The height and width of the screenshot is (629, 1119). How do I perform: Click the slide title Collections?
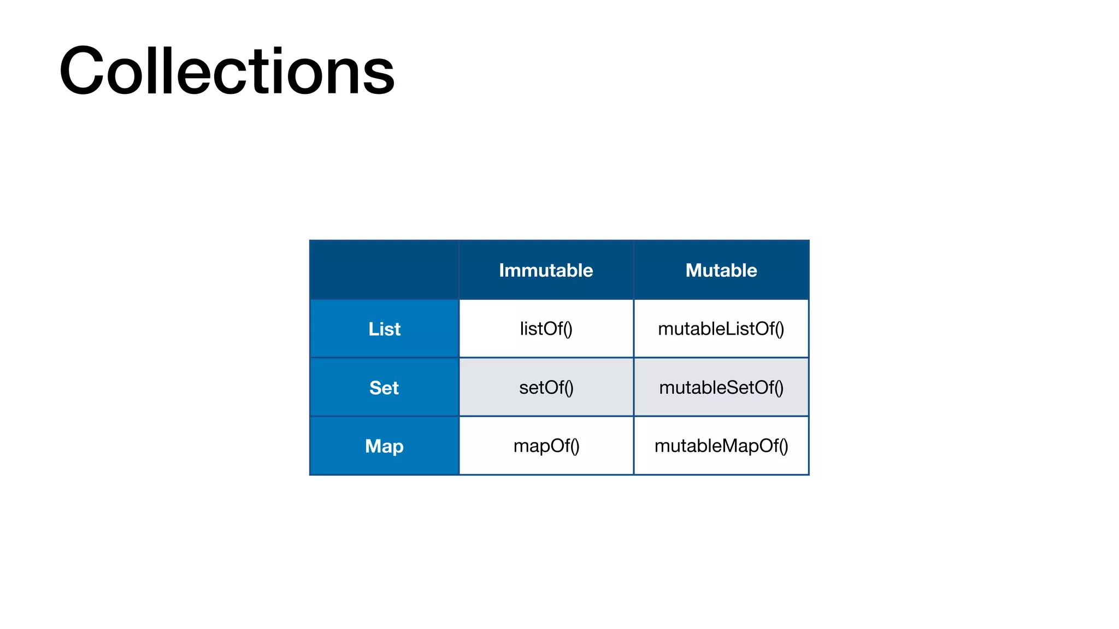[x=227, y=71]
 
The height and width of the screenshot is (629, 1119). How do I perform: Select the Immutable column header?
[x=546, y=270]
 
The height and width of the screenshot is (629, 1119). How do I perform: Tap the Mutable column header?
[x=721, y=270]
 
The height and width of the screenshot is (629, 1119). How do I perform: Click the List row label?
[x=384, y=329]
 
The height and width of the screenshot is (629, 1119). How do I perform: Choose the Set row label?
[x=384, y=388]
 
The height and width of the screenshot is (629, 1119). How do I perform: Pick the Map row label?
[x=384, y=446]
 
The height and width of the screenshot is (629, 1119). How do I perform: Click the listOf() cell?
[x=546, y=329]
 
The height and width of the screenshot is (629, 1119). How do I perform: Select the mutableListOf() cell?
[x=721, y=329]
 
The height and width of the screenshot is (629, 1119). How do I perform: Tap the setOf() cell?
[x=546, y=388]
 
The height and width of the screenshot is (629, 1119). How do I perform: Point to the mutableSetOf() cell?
[x=721, y=388]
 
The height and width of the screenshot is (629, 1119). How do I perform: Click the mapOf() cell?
[x=546, y=446]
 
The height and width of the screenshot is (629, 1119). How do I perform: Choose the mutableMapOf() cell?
[x=721, y=446]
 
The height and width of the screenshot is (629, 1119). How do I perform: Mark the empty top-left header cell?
[x=384, y=270]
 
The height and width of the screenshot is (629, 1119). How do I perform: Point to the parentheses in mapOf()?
[x=575, y=446]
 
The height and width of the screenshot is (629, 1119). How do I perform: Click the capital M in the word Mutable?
[x=694, y=270]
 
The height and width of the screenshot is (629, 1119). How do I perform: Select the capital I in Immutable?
[x=502, y=270]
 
